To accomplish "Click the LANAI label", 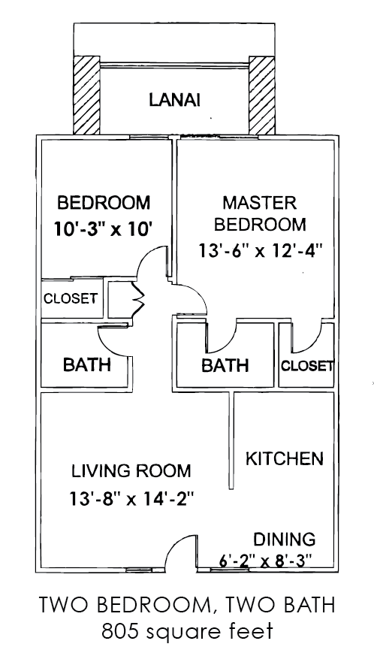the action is tap(174, 100).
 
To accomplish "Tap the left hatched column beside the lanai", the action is tap(87, 95).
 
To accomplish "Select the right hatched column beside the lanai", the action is tap(261, 95).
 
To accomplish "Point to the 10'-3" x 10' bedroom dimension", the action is tap(103, 229).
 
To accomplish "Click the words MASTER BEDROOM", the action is tap(260, 213).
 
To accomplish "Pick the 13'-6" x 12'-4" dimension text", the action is tap(261, 251).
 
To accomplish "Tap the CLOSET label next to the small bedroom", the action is tap(71, 298).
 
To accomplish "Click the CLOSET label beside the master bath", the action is tap(307, 366).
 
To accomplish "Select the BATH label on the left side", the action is tap(87, 364).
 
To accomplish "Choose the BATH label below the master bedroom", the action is tap(225, 365).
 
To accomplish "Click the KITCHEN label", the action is tap(285, 458).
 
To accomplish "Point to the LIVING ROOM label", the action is tap(131, 470).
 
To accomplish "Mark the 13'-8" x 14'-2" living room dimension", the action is tap(131, 499).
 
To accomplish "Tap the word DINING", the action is tap(284, 539).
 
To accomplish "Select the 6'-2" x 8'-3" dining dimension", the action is tap(266, 561).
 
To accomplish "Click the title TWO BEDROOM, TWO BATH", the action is tap(187, 605).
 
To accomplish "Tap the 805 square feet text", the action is tap(187, 632).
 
